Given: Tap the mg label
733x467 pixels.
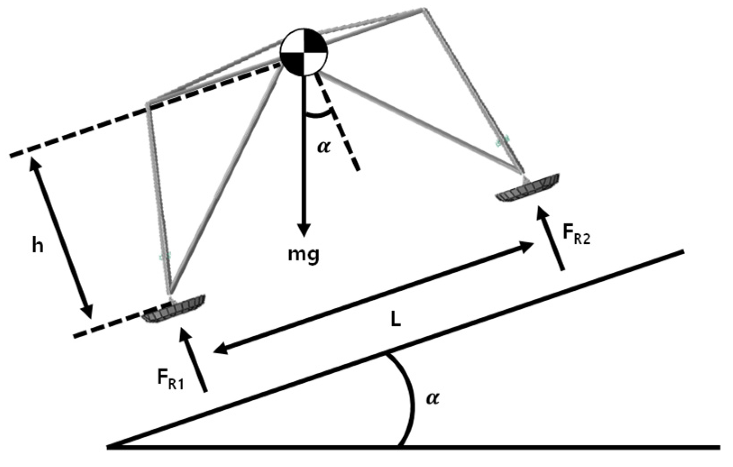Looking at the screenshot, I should pos(304,254).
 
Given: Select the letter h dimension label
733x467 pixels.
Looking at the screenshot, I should pos(38,246).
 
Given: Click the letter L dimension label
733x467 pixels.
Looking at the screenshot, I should pos(395,319).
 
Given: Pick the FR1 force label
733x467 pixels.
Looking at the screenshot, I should pos(170,379).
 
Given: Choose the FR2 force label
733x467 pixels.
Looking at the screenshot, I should pos(576,234).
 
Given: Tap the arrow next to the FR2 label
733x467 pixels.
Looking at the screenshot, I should pos(550,238).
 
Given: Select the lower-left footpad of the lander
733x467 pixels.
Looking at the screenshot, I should pos(173,308).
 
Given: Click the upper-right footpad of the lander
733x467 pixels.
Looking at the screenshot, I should pos(528,187).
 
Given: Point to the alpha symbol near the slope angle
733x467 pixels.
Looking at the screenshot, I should pos(432,398).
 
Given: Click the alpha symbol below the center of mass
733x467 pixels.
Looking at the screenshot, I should pos(323,147).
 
